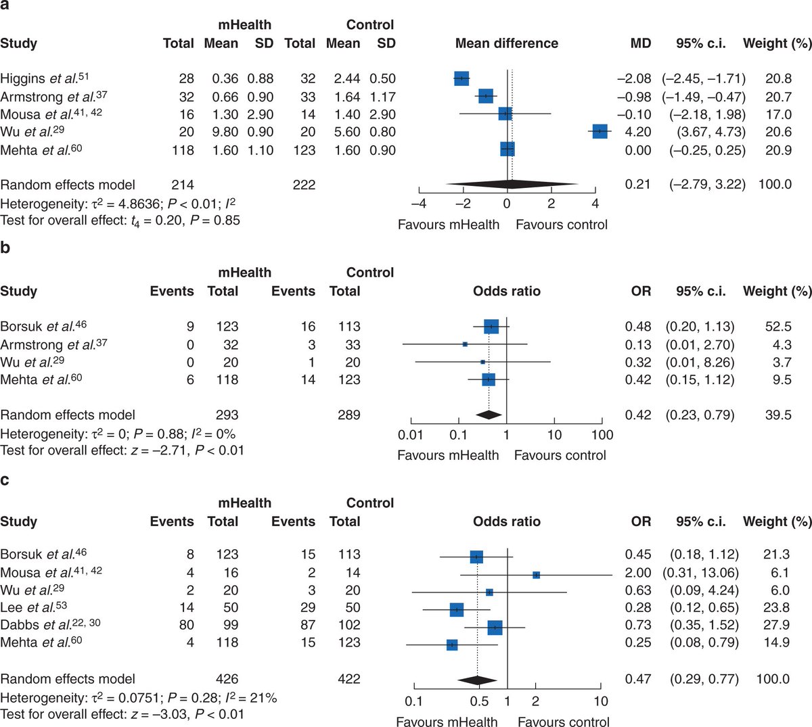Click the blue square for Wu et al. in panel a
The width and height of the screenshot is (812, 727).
coord(600,132)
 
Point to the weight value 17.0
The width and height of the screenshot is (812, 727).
coord(778,114)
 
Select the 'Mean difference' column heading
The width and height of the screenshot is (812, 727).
coord(506,43)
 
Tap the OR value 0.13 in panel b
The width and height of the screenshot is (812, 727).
coord(638,344)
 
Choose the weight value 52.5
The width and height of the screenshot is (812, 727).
coord(778,327)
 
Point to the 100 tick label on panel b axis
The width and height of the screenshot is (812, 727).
coord(602,435)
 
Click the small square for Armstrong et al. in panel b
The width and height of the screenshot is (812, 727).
coord(465,344)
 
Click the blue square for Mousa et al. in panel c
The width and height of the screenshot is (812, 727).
coord(536,575)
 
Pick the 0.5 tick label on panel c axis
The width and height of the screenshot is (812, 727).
coord(478,701)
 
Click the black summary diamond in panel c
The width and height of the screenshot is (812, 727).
coord(478,680)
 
